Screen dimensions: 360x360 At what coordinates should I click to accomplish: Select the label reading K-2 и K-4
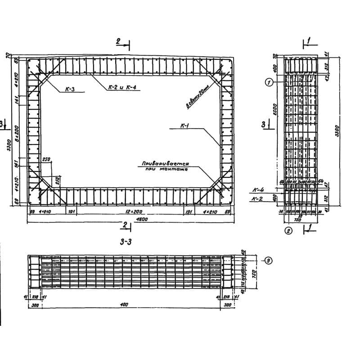pyautogui.click(x=118, y=88)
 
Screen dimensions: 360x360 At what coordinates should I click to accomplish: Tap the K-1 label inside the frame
pyautogui.click(x=184, y=127)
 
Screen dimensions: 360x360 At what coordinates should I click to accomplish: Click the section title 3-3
pyautogui.click(x=126, y=243)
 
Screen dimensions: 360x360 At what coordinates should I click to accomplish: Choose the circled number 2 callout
pyautogui.click(x=288, y=231)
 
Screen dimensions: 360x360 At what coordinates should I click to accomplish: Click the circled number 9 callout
pyautogui.click(x=268, y=260)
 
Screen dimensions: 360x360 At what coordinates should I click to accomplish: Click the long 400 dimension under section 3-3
pyautogui.click(x=124, y=305)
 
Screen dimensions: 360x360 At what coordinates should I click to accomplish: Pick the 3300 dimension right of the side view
pyautogui.click(x=337, y=131)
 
